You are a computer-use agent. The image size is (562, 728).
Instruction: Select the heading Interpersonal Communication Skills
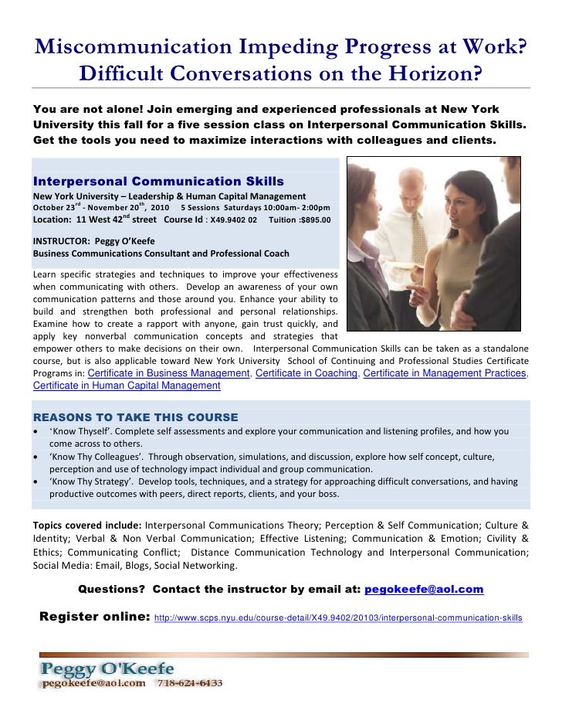158,182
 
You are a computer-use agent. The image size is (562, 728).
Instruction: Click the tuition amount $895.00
314,220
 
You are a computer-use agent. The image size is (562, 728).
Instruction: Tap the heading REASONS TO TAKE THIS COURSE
135,417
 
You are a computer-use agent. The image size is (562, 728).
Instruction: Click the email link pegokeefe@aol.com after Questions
423,590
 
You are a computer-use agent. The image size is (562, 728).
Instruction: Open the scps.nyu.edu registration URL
338,618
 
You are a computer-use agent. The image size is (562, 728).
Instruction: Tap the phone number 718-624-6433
191,683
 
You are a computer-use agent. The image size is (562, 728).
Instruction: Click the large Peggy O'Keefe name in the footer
108,668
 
